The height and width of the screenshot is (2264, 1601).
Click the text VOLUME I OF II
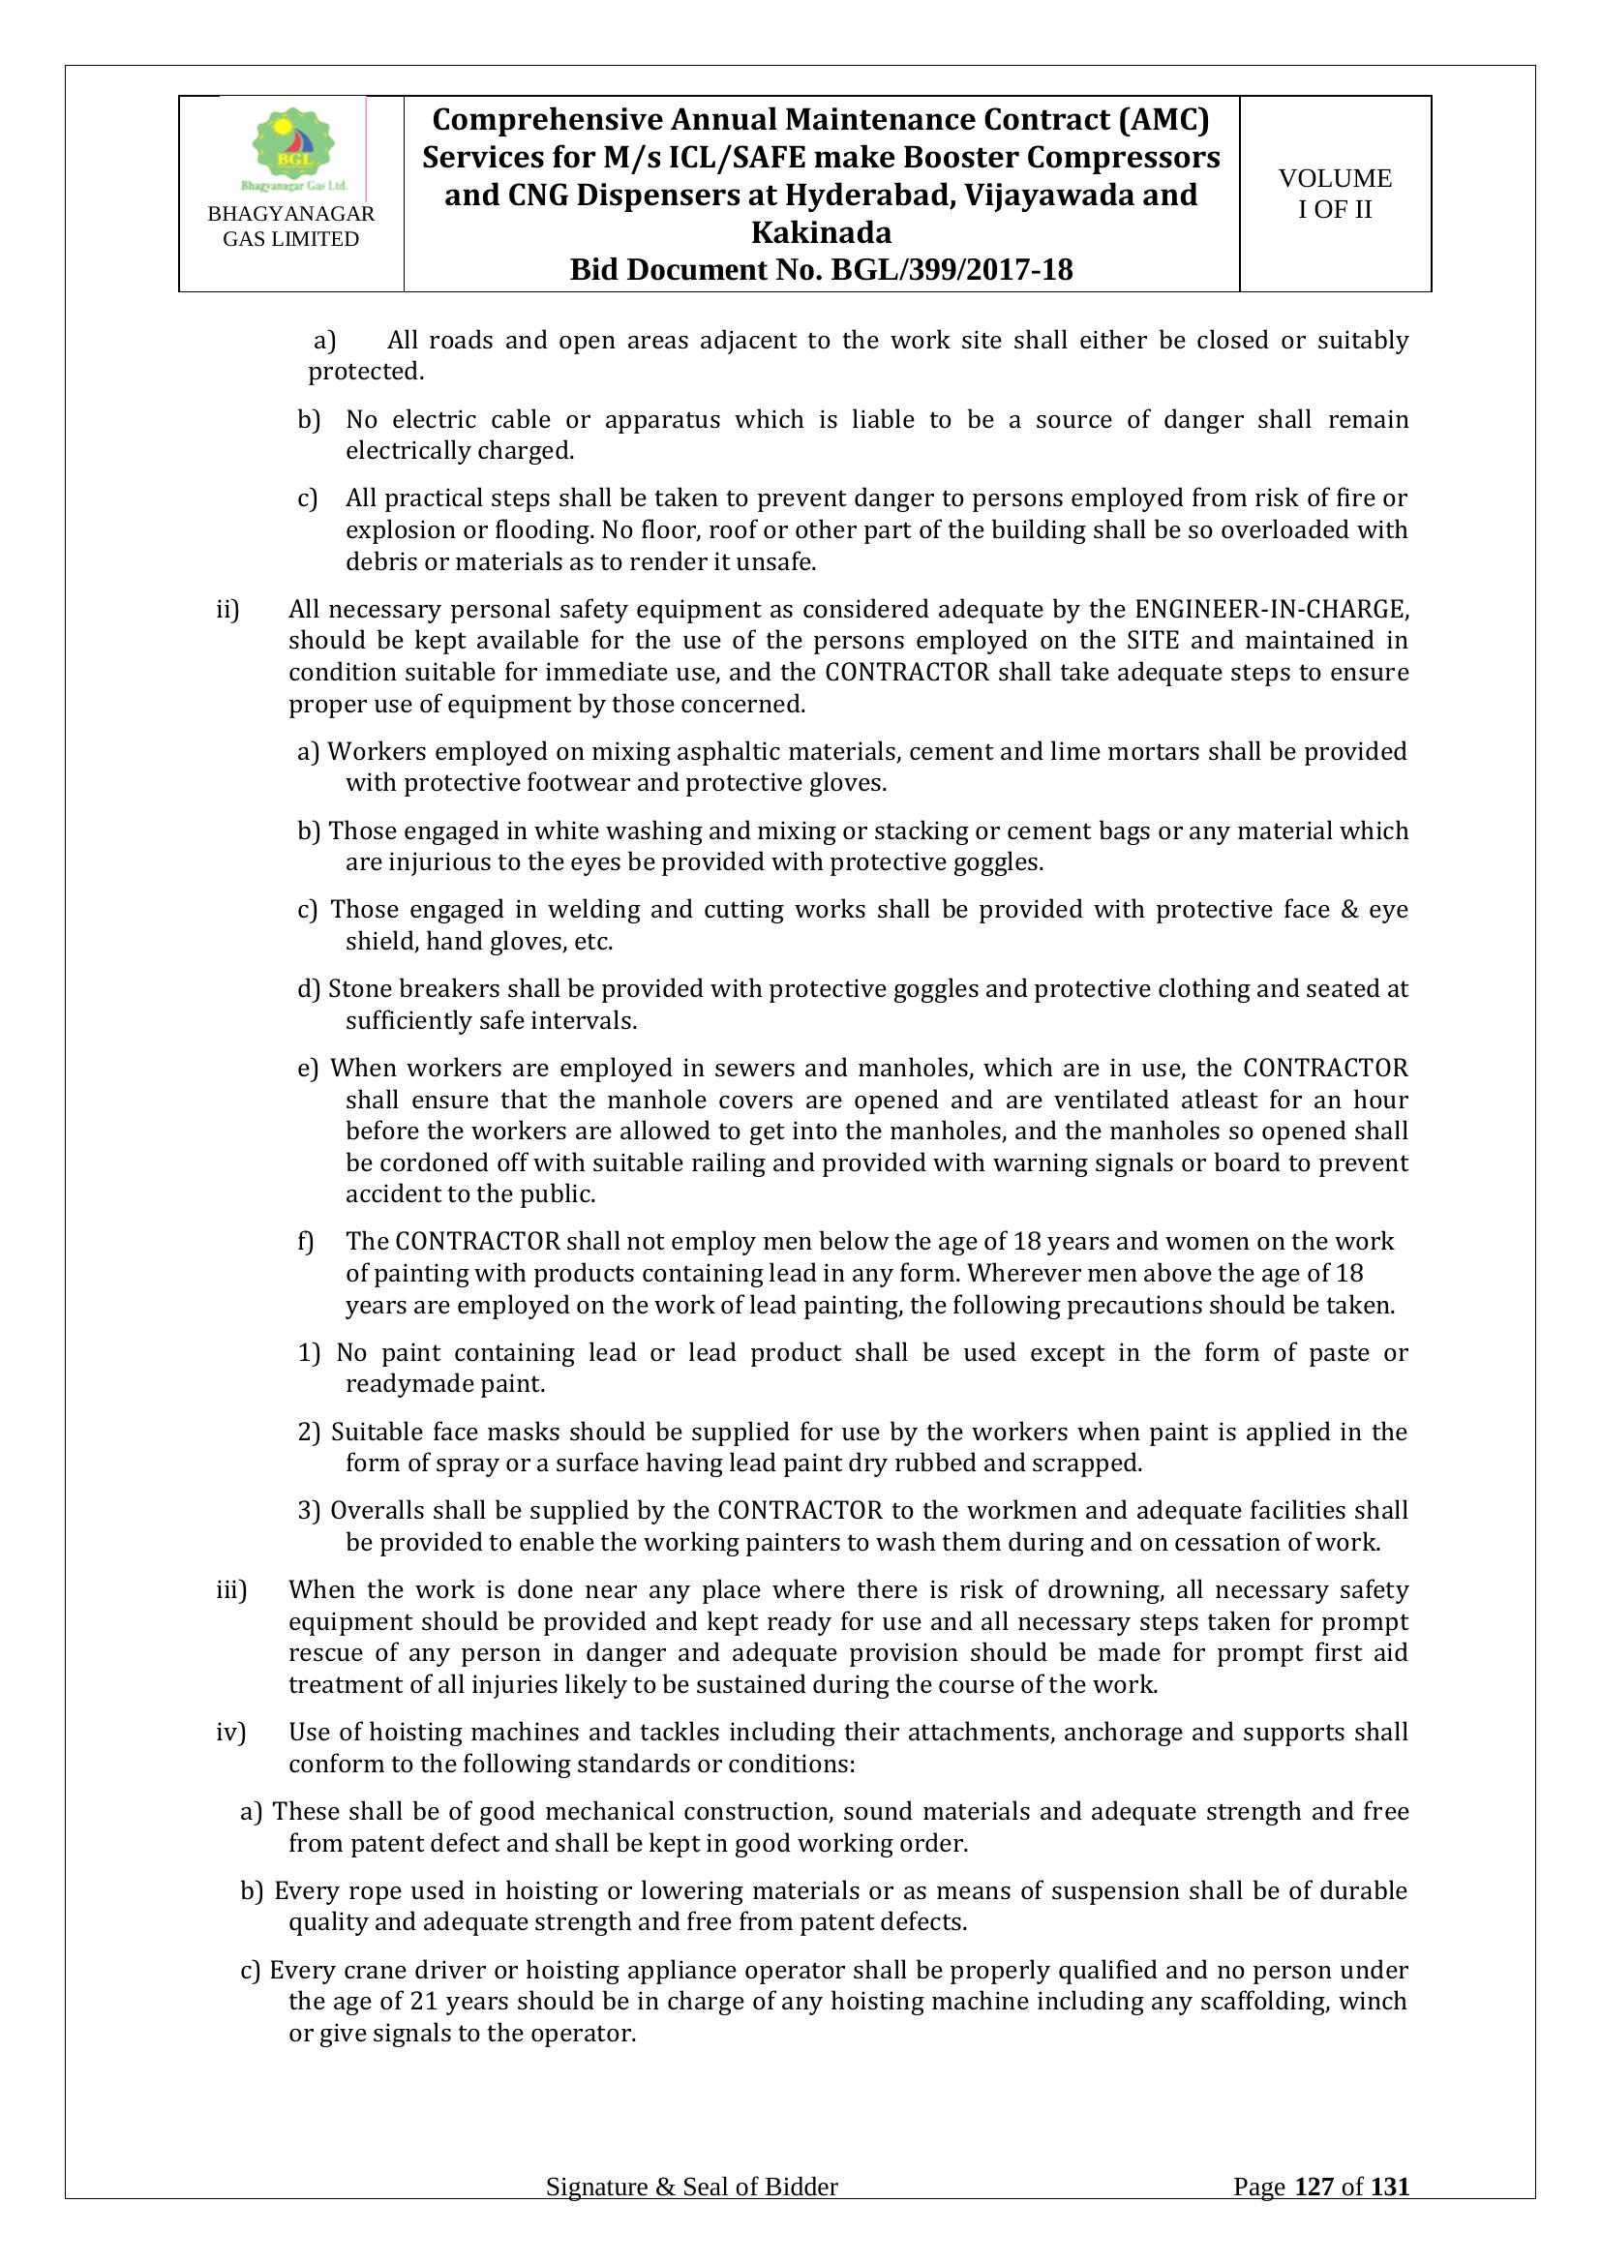point(1335,194)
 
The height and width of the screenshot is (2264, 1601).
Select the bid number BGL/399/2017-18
point(952,270)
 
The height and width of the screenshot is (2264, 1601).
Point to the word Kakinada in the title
point(821,232)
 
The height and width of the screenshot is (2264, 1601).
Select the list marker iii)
point(230,1589)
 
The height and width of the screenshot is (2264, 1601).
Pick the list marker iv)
point(230,1733)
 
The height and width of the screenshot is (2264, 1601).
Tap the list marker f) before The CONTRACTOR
point(306,1242)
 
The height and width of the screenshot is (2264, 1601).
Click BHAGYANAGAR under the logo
point(290,215)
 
